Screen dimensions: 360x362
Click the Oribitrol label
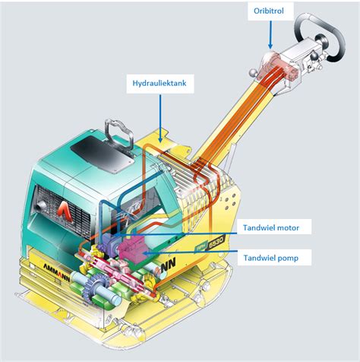[269, 11]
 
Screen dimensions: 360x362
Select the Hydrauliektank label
[159, 83]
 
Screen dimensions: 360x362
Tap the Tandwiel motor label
[271, 227]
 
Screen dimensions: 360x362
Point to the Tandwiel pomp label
[271, 258]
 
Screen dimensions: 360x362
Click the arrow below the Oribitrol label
[270, 35]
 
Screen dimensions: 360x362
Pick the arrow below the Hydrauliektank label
[160, 119]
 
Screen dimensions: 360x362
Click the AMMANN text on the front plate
[56, 273]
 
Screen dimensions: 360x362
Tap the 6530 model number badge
[216, 243]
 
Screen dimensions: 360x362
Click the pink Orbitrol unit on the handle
[280, 65]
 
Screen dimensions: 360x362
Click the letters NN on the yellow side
[168, 266]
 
